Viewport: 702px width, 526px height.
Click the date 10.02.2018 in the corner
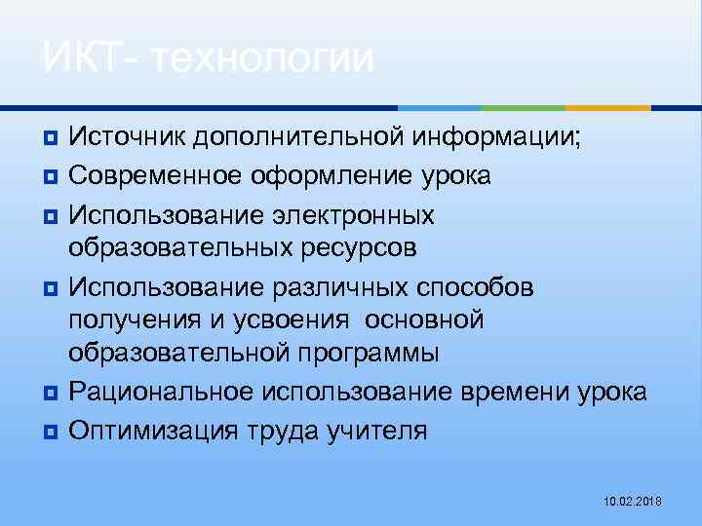pyautogui.click(x=633, y=501)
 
